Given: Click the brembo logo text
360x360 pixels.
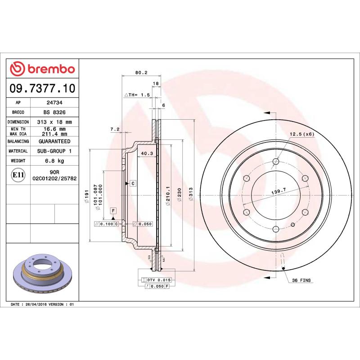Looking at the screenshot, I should [x=48, y=69].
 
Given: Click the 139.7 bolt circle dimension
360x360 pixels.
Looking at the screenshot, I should [x=279, y=192].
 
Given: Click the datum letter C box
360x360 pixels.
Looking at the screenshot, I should [x=133, y=183].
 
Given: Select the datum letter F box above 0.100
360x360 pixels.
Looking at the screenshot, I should [x=113, y=211].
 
